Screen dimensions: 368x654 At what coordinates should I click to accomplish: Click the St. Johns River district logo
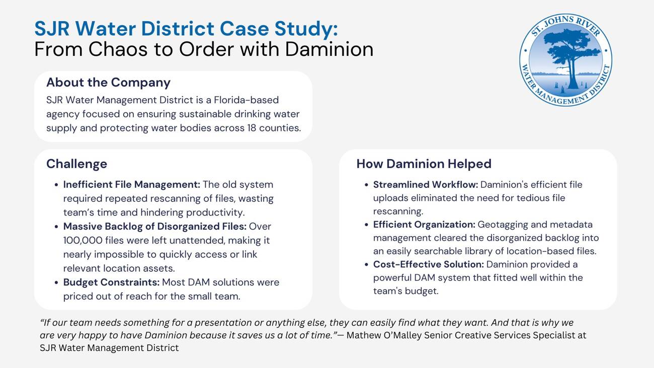(x=565, y=60)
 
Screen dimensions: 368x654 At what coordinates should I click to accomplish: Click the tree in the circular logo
(x=571, y=55)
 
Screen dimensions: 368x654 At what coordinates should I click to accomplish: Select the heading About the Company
(x=108, y=83)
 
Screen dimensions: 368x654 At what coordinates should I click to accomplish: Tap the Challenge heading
(x=76, y=164)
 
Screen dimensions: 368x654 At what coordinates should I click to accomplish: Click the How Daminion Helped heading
(x=424, y=164)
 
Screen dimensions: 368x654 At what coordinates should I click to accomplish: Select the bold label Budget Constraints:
(x=111, y=282)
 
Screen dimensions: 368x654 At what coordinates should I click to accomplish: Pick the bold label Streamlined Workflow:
(x=425, y=185)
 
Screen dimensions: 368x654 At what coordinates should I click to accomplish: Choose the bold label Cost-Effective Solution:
(x=428, y=265)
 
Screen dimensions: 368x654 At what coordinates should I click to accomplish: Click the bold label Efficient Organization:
(x=424, y=225)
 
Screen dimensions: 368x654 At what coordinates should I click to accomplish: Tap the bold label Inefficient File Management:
(x=131, y=185)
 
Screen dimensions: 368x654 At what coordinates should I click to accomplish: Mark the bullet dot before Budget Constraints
(x=56, y=283)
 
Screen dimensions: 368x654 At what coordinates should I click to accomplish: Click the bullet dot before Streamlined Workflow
(x=366, y=185)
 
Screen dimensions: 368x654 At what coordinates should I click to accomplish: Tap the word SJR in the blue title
(x=53, y=29)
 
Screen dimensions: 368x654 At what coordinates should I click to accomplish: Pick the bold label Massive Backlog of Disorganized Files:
(x=154, y=227)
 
